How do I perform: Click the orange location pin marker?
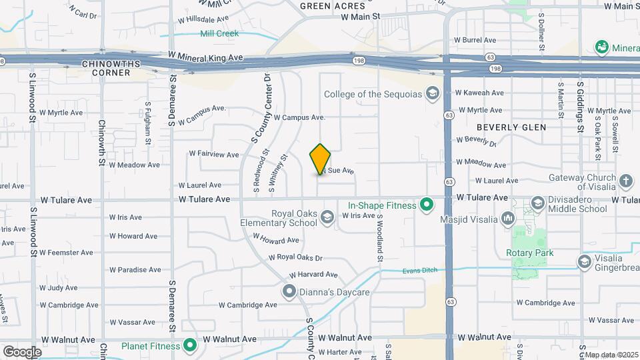coord(320,159)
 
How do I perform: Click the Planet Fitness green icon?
coord(190,346)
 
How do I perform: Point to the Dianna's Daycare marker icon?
coord(289,291)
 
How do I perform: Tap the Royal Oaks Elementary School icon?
coord(327,217)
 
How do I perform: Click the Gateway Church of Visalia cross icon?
coord(625,181)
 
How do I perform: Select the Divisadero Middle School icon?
coord(537,203)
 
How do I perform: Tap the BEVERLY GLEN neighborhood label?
coord(511,127)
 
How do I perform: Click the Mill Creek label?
coord(219,33)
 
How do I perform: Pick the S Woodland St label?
coord(380,237)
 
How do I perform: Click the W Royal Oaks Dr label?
coord(295,257)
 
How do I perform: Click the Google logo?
coord(21,351)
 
